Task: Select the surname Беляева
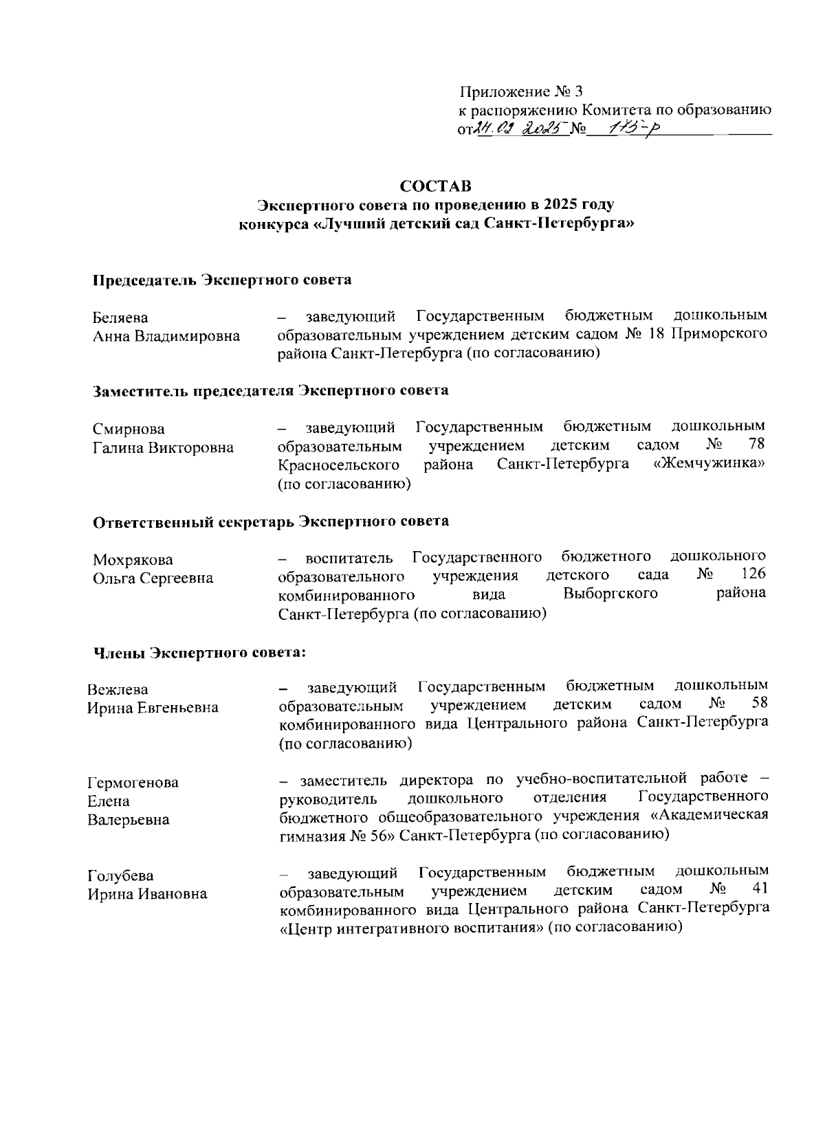click(x=120, y=317)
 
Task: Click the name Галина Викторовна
click(x=163, y=448)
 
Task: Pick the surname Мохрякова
click(x=133, y=559)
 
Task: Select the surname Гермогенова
click(x=133, y=783)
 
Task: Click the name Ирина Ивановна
click(x=146, y=895)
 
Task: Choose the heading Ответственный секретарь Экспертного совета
click(x=271, y=522)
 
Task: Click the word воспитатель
click(x=349, y=557)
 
